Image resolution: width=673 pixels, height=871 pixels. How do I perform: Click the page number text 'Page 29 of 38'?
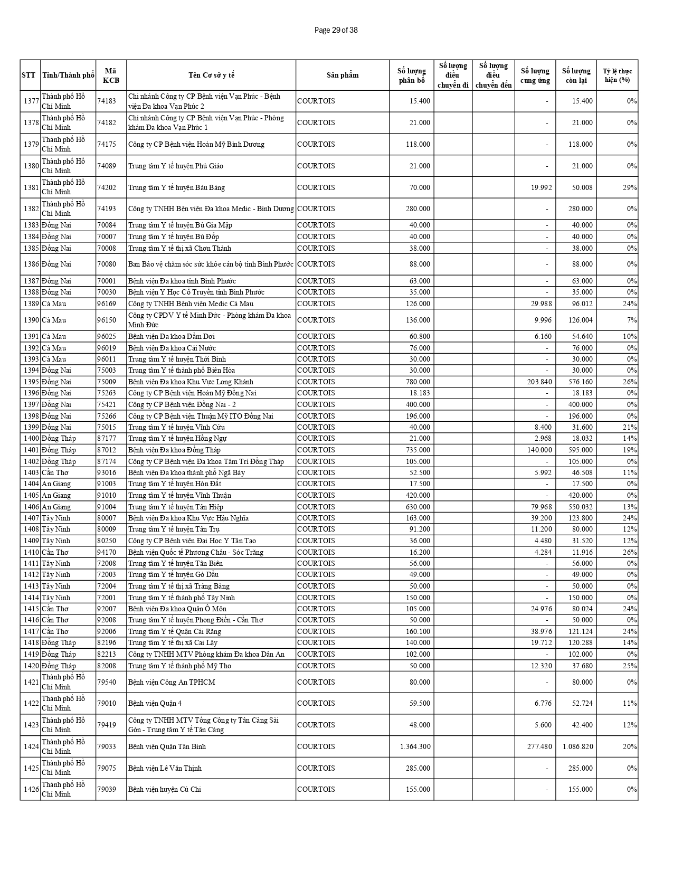pos(336,30)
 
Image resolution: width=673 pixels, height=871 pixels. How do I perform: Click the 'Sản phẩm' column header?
pos(342,75)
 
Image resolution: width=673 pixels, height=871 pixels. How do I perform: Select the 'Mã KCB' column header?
pos(111,75)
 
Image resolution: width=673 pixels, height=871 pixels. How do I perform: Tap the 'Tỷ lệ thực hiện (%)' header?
pos(617,75)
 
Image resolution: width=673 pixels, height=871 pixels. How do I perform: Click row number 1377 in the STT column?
pos(31,101)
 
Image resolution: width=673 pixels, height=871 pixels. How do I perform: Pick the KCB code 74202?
pos(107,187)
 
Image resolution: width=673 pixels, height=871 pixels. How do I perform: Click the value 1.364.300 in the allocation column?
pos(415,746)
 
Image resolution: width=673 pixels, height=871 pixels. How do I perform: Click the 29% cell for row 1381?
pos(631,187)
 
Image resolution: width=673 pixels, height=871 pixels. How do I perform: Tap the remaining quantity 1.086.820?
pos(577,746)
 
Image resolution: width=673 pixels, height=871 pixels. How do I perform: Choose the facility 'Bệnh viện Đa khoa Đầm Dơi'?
pos(172,336)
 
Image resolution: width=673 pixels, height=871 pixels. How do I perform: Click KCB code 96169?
pos(107,304)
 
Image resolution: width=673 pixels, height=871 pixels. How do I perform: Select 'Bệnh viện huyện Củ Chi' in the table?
pos(164,789)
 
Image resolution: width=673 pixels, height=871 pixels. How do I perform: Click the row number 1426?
pos(31,789)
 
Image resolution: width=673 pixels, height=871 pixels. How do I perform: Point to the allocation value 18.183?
pos(419,393)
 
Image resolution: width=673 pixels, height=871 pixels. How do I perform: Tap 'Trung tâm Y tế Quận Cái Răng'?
pos(175,631)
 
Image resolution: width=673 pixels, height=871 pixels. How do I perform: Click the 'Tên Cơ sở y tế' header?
pos(211,75)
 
